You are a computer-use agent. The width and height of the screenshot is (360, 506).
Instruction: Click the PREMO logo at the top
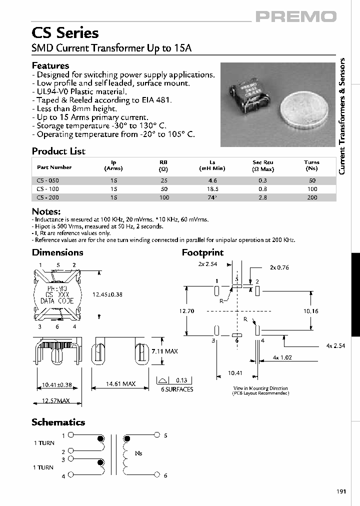click(x=296, y=17)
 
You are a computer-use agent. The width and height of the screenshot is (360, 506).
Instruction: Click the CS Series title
click(x=65, y=33)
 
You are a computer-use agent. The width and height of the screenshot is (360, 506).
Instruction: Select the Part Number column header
click(x=54, y=167)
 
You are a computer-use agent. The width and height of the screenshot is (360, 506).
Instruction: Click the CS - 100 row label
click(x=48, y=189)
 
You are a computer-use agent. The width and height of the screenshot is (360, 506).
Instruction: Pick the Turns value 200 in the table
click(x=312, y=198)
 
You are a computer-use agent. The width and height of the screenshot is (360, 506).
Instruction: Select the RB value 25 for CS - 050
click(x=163, y=180)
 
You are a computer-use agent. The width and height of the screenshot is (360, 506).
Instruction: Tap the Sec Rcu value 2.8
click(x=262, y=198)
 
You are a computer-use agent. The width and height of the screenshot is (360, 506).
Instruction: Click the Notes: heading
click(x=46, y=211)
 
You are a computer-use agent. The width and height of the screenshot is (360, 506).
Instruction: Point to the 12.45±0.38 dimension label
click(x=107, y=294)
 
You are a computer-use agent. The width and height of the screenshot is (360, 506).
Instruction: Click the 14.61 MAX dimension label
click(x=120, y=384)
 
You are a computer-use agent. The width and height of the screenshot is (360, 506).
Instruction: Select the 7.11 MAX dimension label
click(x=164, y=351)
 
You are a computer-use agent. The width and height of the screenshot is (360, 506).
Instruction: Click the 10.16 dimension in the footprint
click(x=311, y=311)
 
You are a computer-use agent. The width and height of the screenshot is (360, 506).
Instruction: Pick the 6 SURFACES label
click(x=176, y=389)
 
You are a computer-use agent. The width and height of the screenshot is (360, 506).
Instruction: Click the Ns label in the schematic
click(x=138, y=453)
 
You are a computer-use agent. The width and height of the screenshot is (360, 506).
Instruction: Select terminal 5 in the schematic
click(x=165, y=435)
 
